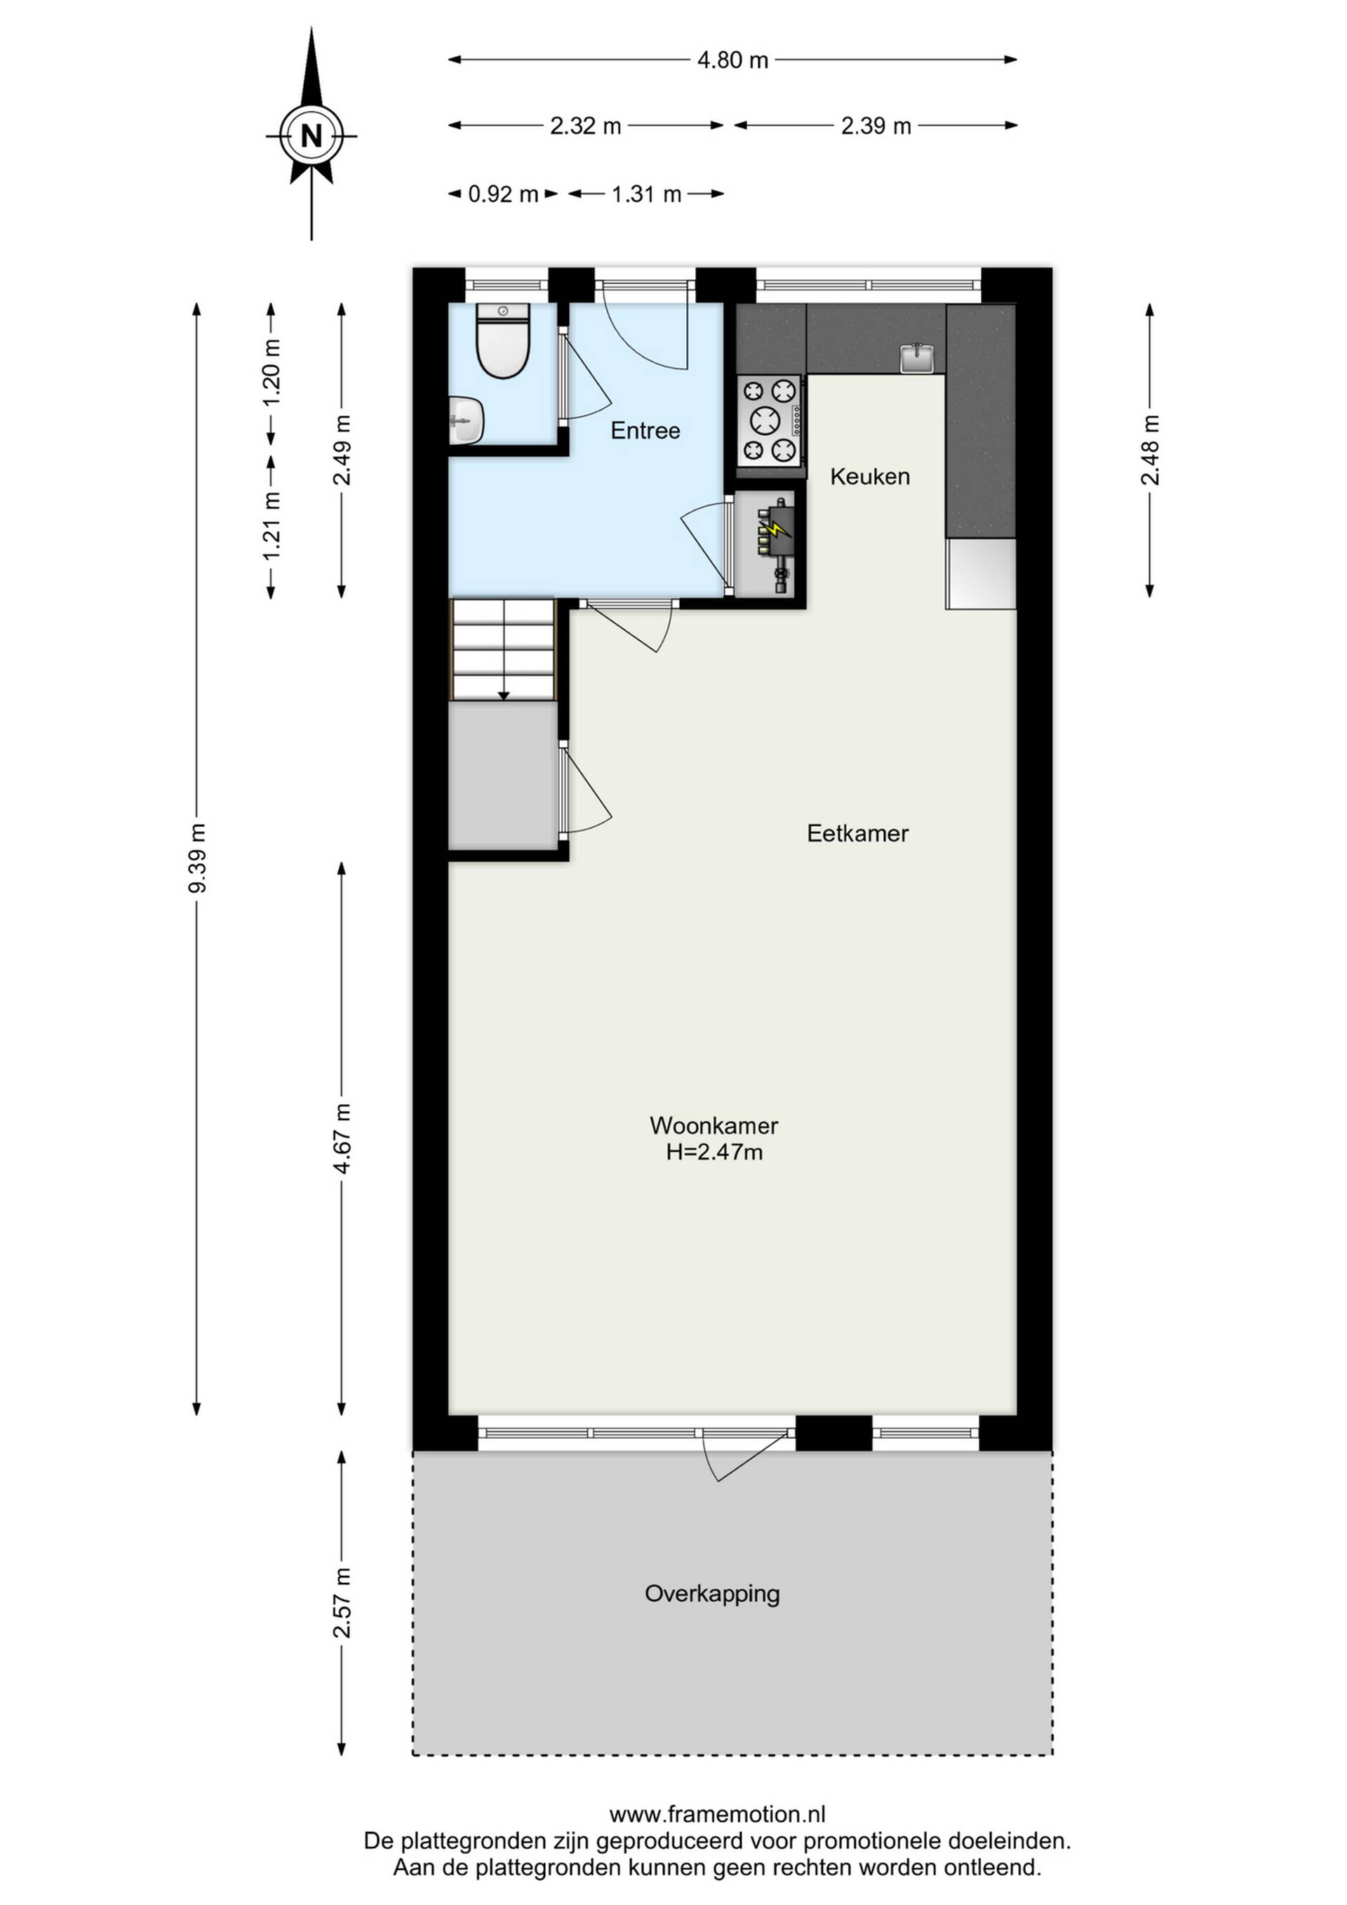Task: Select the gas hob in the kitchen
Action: pos(770,420)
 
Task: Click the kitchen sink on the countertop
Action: pos(918,359)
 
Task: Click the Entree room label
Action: pos(645,430)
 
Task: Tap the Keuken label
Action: pos(870,476)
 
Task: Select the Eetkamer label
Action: pos(857,833)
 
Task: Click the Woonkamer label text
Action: pos(714,1126)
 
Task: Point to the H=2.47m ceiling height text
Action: pos(714,1153)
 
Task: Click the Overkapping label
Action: pos(713,1595)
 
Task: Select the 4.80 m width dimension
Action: pos(732,60)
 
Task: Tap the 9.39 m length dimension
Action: pos(197,858)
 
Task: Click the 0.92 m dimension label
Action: pos(504,194)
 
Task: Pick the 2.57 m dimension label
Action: pos(341,1603)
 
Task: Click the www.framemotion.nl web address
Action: pos(718,1814)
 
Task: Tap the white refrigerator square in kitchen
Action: pos(981,573)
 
